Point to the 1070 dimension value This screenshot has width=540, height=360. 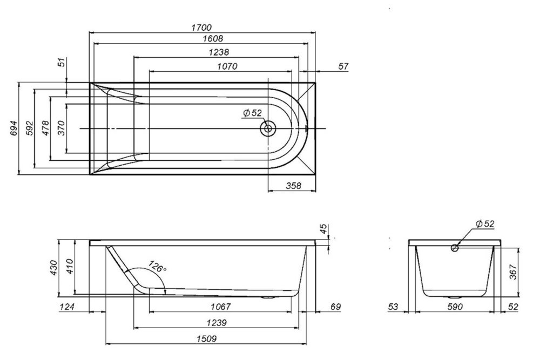227,66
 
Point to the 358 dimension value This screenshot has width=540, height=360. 292,185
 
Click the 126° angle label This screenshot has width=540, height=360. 157,267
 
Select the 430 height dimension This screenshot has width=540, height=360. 54,268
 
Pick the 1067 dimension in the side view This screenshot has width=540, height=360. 221,307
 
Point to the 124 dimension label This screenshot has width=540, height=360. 67,307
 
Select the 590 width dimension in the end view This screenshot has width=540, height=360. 454,307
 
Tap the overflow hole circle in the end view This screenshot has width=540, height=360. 455,248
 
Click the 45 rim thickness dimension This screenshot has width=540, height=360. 323,230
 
